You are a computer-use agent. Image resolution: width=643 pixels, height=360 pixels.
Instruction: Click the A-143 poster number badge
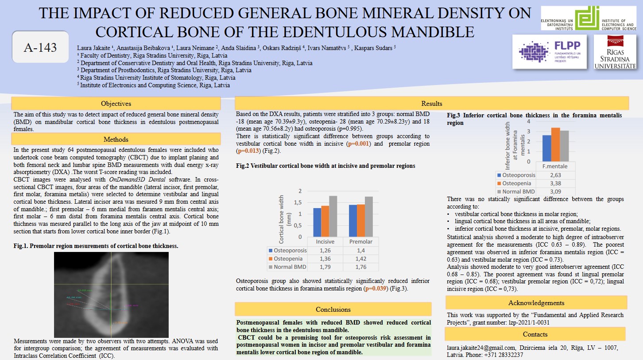[40, 47]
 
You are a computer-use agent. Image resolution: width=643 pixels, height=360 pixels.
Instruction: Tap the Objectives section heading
[116, 104]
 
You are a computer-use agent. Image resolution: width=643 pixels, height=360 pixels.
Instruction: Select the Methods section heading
[116, 139]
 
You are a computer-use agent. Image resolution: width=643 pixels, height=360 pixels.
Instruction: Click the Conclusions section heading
[333, 309]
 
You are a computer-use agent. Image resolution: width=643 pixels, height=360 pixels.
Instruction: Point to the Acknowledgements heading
[536, 303]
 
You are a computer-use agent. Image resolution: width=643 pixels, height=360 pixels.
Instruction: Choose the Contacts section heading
[535, 334]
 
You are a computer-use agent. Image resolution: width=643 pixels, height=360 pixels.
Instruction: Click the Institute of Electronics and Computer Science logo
[589, 19]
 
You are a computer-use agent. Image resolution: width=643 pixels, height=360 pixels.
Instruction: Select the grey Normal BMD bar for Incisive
[333, 216]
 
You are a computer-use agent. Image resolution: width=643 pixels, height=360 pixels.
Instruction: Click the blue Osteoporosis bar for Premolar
[353, 221]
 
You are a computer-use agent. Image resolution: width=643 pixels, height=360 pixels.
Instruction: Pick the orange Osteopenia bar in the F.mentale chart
[555, 144]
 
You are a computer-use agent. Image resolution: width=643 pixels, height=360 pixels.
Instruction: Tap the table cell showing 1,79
[325, 267]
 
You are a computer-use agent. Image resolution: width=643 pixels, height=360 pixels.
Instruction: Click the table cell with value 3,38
[555, 183]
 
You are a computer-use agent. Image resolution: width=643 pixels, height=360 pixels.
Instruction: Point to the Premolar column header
[361, 242]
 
